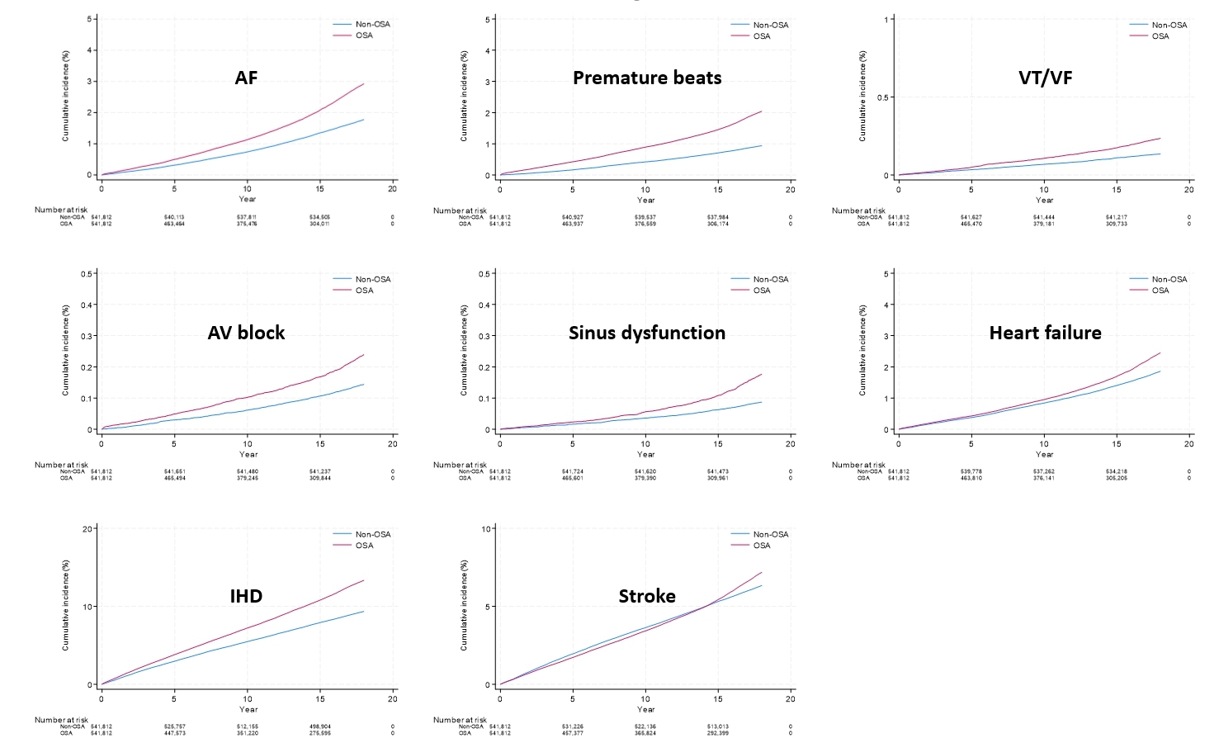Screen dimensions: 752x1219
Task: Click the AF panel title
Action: coord(246,78)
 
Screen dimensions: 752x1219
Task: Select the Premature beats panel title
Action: coord(647,78)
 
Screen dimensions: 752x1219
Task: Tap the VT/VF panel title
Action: coord(1045,78)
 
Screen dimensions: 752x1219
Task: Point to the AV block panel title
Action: coord(246,333)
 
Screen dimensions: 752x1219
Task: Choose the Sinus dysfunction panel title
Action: coord(647,333)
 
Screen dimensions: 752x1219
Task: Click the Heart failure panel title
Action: coord(1045,333)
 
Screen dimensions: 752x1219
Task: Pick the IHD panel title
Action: coord(246,596)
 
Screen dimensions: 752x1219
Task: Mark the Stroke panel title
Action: coord(647,596)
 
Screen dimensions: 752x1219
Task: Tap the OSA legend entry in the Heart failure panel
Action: coord(1160,291)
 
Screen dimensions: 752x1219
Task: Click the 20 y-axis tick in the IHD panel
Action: coord(87,528)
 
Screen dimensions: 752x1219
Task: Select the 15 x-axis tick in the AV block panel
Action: coord(320,443)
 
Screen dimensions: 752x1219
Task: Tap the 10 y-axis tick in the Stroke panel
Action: coord(487,528)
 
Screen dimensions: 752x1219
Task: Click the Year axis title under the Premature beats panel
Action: coord(645,200)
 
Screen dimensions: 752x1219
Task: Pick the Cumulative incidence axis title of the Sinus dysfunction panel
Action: coord(464,351)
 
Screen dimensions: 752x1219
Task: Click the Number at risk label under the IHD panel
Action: coord(60,720)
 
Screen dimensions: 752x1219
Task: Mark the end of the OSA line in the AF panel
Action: coord(364,83)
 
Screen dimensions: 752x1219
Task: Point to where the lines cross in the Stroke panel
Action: coord(707,606)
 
